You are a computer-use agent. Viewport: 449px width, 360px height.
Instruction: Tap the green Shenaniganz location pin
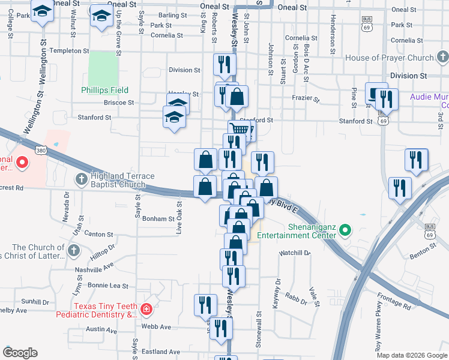[x=345, y=230]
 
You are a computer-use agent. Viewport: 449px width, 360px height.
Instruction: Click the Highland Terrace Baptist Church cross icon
[x=82, y=179]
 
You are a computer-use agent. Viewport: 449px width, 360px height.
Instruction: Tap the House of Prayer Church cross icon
[x=442, y=58]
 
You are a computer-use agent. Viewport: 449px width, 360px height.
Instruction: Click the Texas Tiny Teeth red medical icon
[x=146, y=310]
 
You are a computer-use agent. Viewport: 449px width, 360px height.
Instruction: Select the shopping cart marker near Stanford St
[x=240, y=128]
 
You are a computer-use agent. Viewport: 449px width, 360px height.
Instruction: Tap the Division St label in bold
[x=408, y=76]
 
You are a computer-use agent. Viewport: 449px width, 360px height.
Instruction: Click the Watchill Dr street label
[x=294, y=253]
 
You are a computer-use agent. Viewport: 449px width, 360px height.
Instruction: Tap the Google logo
[x=20, y=353]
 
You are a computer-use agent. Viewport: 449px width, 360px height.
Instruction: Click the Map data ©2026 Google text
[x=411, y=355]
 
